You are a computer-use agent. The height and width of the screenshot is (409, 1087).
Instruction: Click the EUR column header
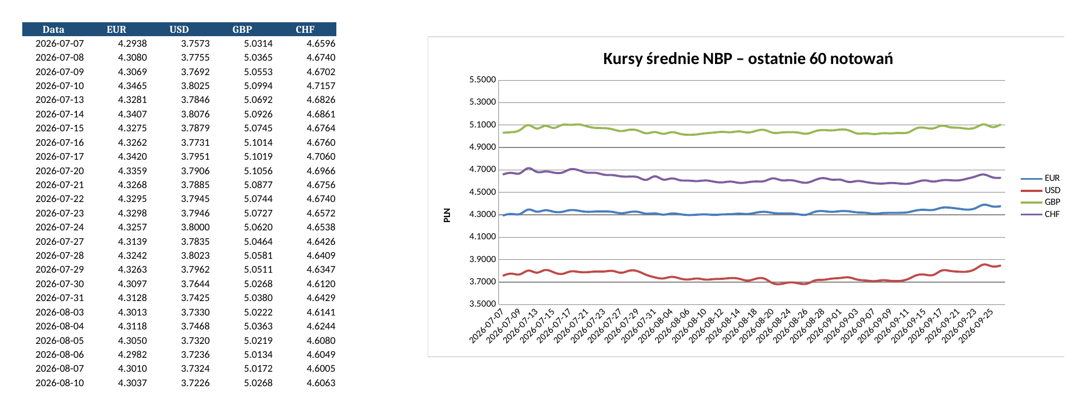click(116, 29)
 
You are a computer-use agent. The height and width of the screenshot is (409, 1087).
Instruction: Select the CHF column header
click(305, 29)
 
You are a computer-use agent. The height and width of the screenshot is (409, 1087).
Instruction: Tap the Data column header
click(53, 29)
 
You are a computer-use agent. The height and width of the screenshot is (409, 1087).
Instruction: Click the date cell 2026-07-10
click(60, 86)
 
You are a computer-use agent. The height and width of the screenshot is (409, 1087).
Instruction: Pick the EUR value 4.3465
click(133, 86)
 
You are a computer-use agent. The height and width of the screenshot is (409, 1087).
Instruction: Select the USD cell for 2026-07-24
click(195, 227)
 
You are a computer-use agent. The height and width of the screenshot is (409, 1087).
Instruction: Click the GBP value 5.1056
click(258, 171)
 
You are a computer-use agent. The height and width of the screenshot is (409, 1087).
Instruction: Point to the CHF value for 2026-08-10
click(321, 383)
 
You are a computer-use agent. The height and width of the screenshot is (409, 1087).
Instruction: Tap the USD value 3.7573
click(195, 43)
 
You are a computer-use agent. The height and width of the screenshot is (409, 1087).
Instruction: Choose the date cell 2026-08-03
click(60, 312)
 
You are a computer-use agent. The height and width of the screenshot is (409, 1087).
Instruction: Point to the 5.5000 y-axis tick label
click(482, 80)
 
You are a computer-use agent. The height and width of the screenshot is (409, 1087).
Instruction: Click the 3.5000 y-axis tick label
click(482, 304)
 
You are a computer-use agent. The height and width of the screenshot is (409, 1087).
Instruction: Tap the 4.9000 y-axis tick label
click(482, 147)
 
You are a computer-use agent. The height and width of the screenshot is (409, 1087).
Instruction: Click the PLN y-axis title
click(447, 215)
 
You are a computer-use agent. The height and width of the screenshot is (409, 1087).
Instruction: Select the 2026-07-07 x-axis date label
click(487, 327)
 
